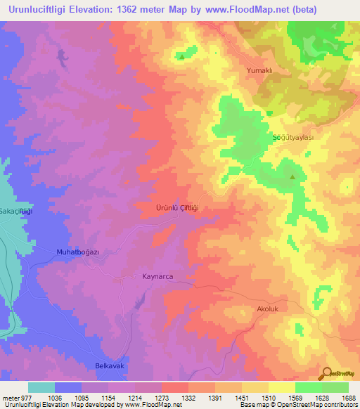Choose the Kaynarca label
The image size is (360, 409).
(x=157, y=277)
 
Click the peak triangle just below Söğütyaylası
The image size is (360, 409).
(x=292, y=176)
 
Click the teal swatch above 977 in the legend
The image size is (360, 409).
(x=41, y=387)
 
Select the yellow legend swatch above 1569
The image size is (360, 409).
(x=282, y=387)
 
